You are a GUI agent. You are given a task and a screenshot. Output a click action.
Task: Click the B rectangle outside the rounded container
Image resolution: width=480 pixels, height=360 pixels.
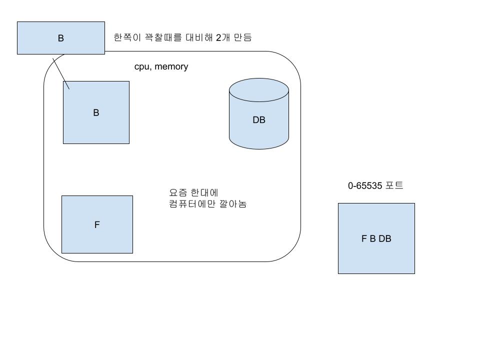(61, 37)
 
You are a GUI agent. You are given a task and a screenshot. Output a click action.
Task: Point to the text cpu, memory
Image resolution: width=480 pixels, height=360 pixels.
(161, 66)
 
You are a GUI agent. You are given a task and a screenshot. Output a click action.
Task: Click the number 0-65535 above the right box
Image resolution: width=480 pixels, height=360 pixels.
(365, 186)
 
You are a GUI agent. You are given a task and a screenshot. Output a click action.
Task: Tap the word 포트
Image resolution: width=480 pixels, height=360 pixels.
(394, 186)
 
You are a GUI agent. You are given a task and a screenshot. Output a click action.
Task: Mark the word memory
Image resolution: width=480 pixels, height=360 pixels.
(171, 66)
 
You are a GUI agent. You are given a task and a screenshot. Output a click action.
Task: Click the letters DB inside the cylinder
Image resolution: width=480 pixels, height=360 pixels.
(259, 120)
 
